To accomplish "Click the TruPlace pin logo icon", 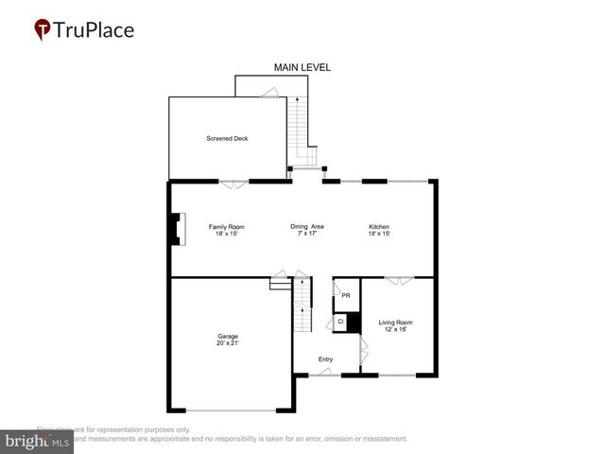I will click(x=43, y=30).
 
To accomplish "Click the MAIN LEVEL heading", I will click(x=302, y=67).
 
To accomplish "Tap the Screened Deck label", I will click(x=227, y=139).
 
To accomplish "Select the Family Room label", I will click(x=227, y=227).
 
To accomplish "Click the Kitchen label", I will click(x=379, y=227).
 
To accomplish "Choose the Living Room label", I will click(x=395, y=323).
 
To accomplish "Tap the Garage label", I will click(x=228, y=336).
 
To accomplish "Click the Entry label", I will click(x=325, y=359).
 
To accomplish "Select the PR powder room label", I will click(x=346, y=296).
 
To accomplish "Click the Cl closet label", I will click(x=340, y=323).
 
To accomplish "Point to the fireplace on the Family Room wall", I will click(x=174, y=230).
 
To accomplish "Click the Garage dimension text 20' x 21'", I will click(x=228, y=343).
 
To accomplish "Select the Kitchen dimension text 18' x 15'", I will click(x=379, y=235).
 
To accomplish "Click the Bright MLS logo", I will click(x=38, y=442).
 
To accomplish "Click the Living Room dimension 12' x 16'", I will click(x=395, y=330).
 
